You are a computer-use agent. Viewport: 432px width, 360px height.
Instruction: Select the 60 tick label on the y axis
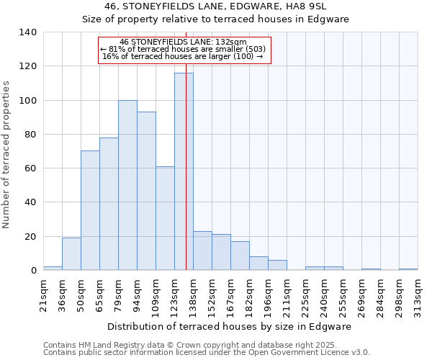click(30, 168)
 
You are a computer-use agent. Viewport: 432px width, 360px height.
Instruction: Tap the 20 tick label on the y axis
click(30, 236)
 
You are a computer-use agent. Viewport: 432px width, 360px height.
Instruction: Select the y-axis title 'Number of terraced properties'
click(7, 155)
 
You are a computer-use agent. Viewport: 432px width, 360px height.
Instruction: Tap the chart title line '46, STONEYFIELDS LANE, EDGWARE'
click(216, 6)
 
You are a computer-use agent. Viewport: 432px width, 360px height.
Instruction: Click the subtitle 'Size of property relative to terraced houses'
click(216, 19)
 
